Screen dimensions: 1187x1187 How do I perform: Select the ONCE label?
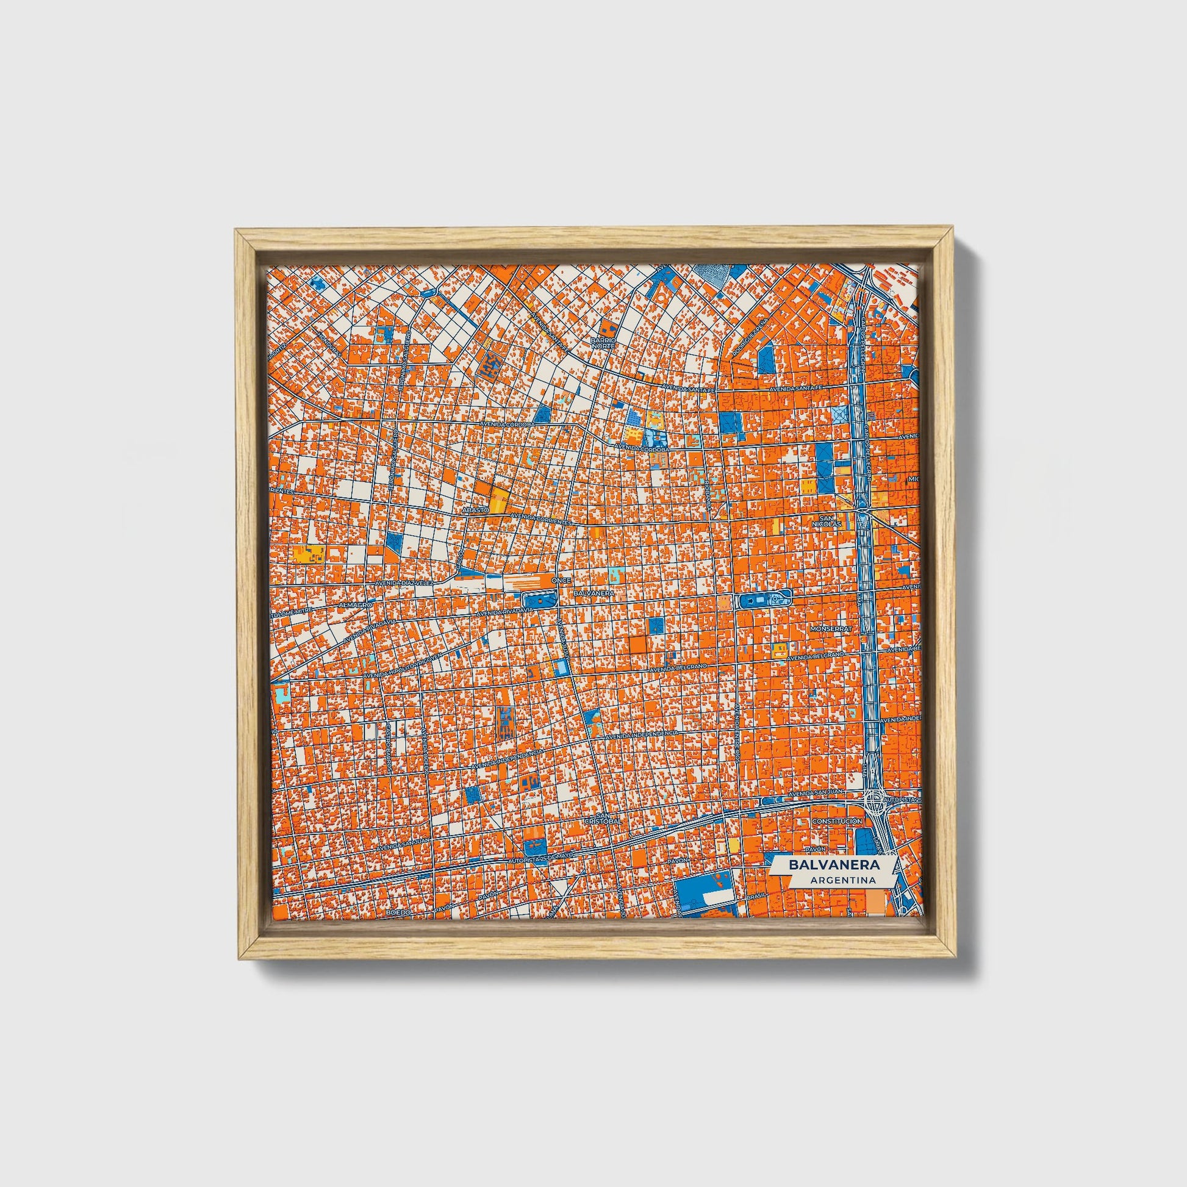(558, 580)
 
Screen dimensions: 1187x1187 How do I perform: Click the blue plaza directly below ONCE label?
(539, 600)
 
